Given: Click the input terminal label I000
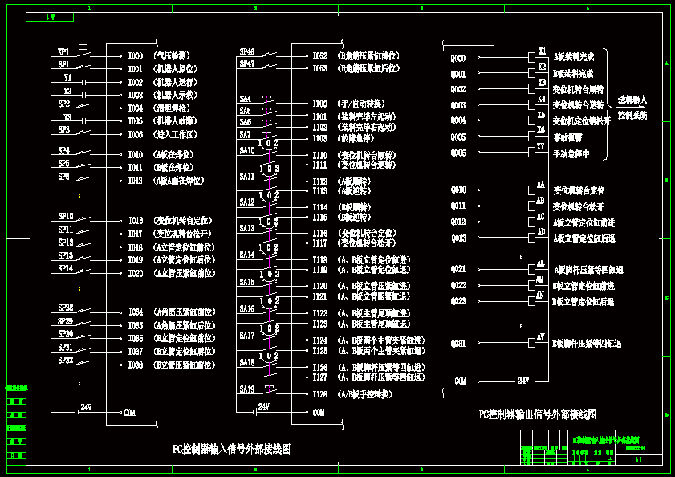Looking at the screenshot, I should coord(136,56).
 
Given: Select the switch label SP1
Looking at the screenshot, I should coord(64,64).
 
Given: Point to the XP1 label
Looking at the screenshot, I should coord(64,51).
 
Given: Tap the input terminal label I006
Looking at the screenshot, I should coord(136,134).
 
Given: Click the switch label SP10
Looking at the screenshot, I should coord(66,216).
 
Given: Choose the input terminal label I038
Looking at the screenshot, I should coord(136,365).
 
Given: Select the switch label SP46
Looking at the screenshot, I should coord(246,51).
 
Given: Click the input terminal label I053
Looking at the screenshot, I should coord(319,69).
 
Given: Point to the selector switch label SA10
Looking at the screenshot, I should coord(246,150).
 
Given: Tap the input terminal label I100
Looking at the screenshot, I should coord(319,104).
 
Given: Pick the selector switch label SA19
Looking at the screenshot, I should coord(246,389).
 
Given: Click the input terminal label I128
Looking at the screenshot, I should coord(319,394).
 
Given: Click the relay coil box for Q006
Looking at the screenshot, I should coord(531,153).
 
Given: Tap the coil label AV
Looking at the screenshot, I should coord(541,336).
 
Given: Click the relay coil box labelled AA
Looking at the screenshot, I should coord(531,190).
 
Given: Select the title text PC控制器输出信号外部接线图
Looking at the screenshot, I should coord(538,415).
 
